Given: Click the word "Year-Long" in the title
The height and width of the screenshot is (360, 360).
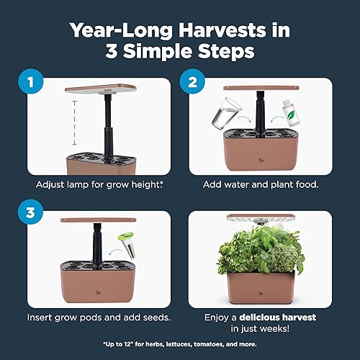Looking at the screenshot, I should coord(119,31).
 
